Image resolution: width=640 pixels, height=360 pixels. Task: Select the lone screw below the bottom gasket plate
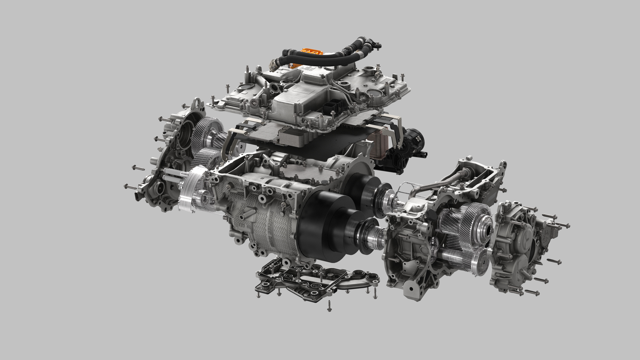point(329,306)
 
